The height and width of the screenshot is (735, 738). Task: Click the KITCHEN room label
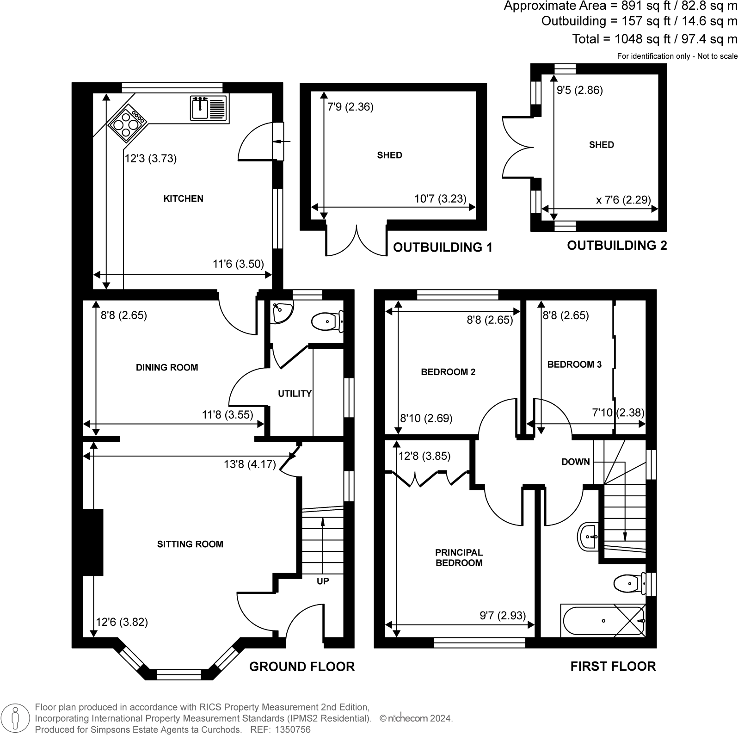[183, 199]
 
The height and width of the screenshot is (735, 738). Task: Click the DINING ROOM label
[167, 368]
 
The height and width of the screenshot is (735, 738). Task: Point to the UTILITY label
[295, 394]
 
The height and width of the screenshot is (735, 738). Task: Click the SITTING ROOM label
[190, 544]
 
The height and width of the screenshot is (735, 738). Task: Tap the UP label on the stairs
[323, 581]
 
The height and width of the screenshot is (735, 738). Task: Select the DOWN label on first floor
[575, 462]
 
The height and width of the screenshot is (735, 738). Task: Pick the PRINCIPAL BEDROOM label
[459, 558]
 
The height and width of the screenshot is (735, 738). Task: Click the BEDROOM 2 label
[448, 372]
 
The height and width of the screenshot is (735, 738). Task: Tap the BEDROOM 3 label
[574, 364]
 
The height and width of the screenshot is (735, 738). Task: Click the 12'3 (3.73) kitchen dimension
[151, 159]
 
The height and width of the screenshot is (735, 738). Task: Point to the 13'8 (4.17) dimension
[250, 464]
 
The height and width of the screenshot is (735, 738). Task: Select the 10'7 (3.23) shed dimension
[440, 199]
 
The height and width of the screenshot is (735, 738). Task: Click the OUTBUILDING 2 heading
[617, 246]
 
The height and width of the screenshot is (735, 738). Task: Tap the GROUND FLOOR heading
[301, 667]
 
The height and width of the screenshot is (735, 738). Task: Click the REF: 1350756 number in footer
[292, 729]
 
